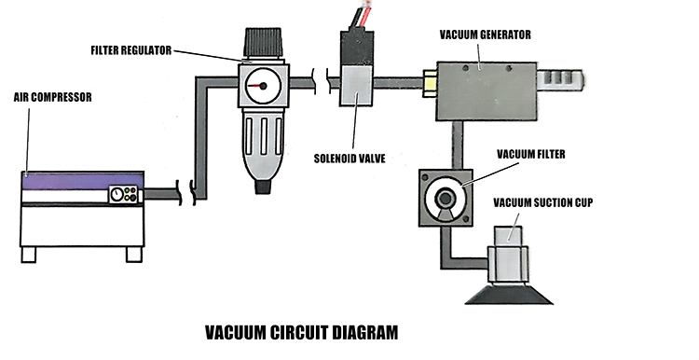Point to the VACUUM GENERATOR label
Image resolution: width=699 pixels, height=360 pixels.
tap(485, 35)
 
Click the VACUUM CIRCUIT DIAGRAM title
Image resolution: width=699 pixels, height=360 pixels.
tap(299, 331)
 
